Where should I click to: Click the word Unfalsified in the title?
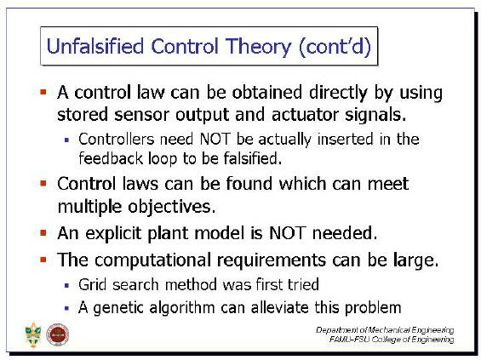coord(95,46)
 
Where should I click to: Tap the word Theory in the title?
coord(259,48)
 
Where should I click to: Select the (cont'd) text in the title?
coord(335,47)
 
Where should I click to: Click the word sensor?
coord(141,115)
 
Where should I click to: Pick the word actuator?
coord(305,114)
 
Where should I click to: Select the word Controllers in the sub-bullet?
coord(117,139)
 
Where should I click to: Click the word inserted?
coord(346,139)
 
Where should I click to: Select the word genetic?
coord(118,308)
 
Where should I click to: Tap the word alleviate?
coord(280,307)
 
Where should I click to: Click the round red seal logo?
coord(57,334)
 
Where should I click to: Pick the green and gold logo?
coord(33,334)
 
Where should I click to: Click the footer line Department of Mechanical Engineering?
coord(385,330)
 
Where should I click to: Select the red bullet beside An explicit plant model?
coord(43,233)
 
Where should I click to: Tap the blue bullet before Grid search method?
coord(67,285)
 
